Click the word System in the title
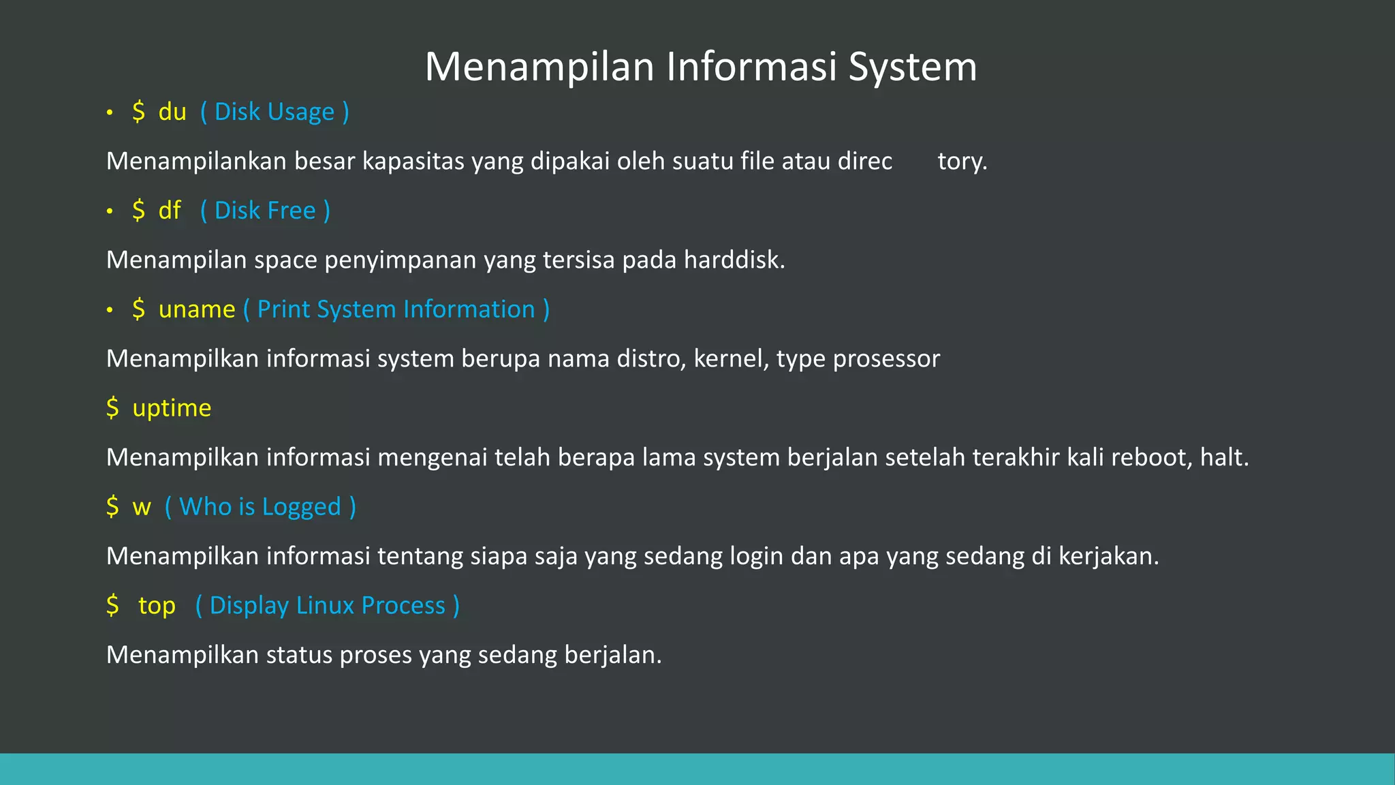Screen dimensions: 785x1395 pos(913,67)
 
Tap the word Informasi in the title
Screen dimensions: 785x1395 pos(751,67)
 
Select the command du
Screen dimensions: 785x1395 pos(172,112)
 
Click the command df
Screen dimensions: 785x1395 pos(170,211)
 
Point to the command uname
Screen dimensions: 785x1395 pos(197,309)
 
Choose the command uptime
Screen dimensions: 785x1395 pos(172,408)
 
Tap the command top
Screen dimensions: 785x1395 pos(157,606)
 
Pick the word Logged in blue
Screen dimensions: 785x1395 pos(301,507)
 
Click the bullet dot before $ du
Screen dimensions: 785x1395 pos(110,113)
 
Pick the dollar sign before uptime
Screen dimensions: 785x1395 pos(112,408)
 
